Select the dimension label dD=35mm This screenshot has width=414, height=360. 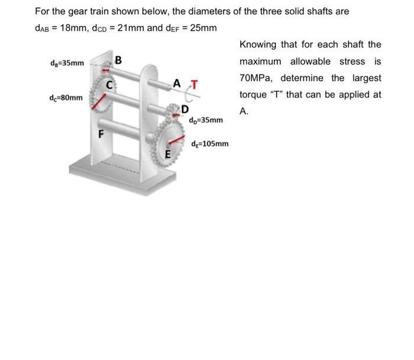(206, 120)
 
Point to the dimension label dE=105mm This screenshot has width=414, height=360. (211, 143)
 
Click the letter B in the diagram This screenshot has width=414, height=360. (119, 60)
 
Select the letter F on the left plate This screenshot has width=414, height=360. (102, 133)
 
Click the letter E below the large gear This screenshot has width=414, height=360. (167, 155)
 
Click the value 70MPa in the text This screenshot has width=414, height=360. (258, 78)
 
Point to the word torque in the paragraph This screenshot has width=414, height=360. (254, 95)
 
